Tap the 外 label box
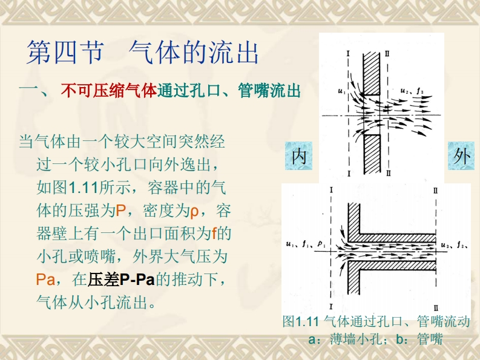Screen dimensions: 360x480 (x=462, y=156)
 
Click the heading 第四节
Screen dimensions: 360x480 (x=63, y=53)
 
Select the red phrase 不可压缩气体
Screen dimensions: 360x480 (x=108, y=92)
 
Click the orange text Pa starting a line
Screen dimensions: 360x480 (x=46, y=280)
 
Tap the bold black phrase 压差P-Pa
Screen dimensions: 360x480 (x=122, y=280)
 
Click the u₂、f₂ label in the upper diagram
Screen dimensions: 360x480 (x=412, y=91)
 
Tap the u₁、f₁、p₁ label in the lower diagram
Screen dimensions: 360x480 (x=305, y=244)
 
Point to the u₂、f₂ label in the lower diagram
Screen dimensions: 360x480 (x=456, y=245)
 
